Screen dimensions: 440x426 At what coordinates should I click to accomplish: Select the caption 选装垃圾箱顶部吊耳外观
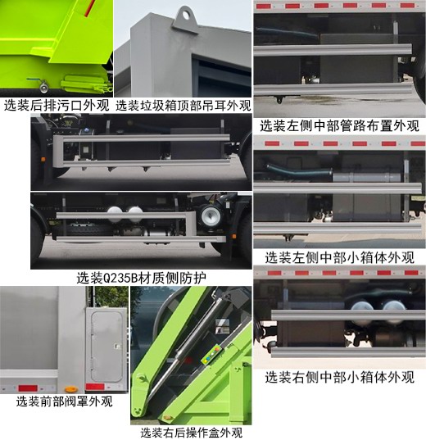183,105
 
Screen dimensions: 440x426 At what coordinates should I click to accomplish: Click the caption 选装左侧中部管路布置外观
339,125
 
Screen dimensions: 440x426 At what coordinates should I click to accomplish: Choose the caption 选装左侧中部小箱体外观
339,256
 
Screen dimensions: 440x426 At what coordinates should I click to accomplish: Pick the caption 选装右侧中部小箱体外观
339,377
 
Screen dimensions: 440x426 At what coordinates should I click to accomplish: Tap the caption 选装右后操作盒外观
191,432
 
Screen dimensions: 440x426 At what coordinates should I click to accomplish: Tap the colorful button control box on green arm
213,352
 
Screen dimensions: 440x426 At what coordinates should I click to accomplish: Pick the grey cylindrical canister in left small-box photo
369,176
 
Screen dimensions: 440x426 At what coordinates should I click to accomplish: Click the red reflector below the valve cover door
101,384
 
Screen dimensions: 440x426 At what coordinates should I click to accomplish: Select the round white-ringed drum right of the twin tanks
211,215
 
